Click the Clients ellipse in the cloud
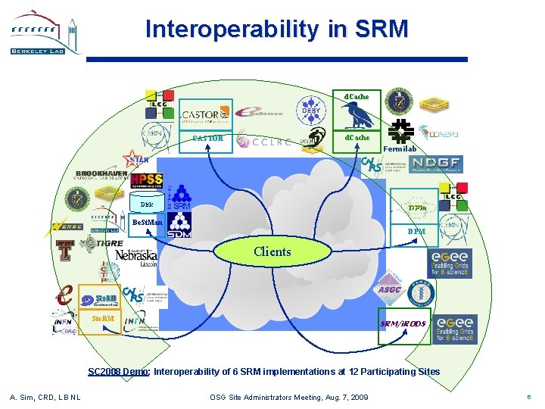[x=273, y=251]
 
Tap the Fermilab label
[x=400, y=148]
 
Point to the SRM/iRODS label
[x=403, y=324]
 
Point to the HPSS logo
[x=146, y=181]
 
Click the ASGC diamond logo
[x=390, y=289]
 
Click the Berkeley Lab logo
[x=45, y=33]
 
